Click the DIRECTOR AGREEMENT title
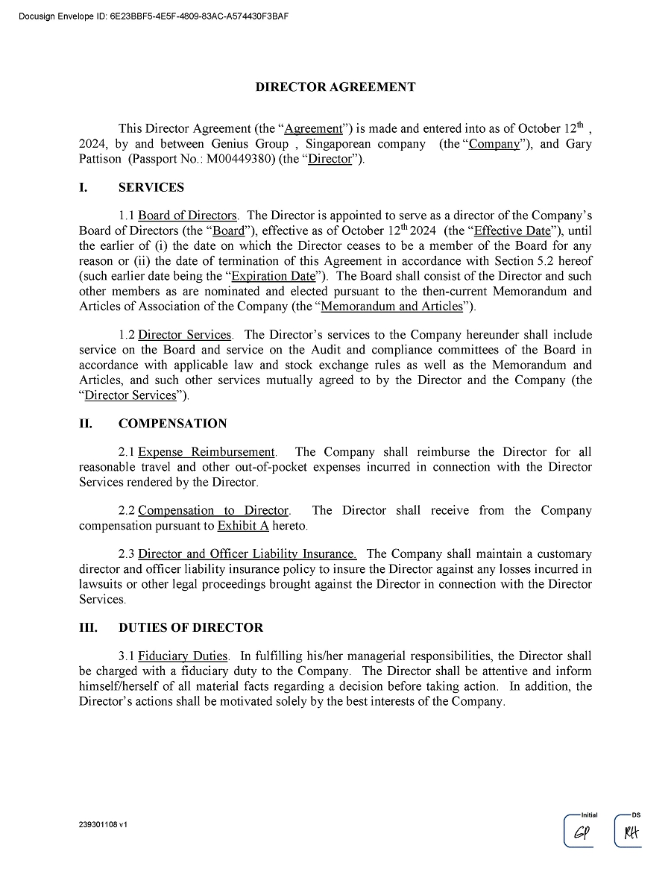pyautogui.click(x=335, y=87)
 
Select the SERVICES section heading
pyautogui.click(x=151, y=187)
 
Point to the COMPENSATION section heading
pyautogui.click(x=172, y=424)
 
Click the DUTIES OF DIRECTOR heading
pyautogui.click(x=190, y=628)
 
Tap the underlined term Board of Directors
pyautogui.click(x=187, y=216)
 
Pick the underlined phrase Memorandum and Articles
pyautogui.click(x=391, y=307)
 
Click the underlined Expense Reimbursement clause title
pyautogui.click(x=207, y=452)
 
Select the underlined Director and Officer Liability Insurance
pyautogui.click(x=247, y=554)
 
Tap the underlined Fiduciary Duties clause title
pyautogui.click(x=183, y=656)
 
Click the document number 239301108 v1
pyautogui.click(x=103, y=826)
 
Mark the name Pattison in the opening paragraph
pyautogui.click(x=100, y=160)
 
